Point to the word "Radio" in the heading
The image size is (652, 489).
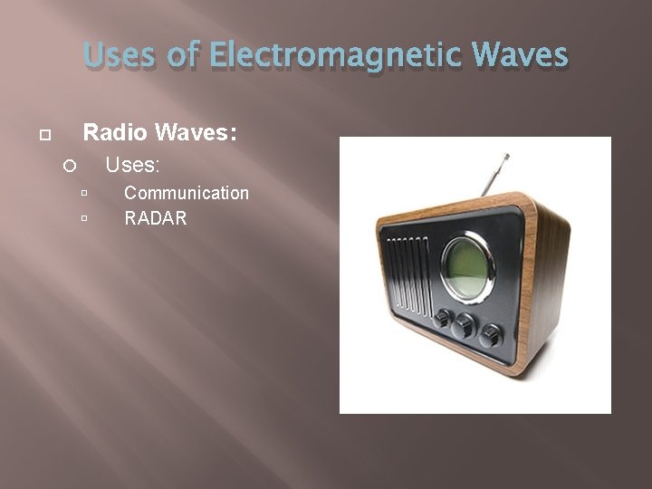(x=115, y=133)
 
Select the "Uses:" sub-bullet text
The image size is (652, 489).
(x=133, y=165)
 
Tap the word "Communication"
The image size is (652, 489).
(x=187, y=193)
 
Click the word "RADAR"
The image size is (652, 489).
(x=156, y=217)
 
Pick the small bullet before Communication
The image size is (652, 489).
(x=83, y=194)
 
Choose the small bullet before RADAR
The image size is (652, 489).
(x=83, y=218)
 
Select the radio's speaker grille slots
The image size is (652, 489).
(x=408, y=275)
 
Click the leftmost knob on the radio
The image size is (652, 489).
(x=443, y=319)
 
